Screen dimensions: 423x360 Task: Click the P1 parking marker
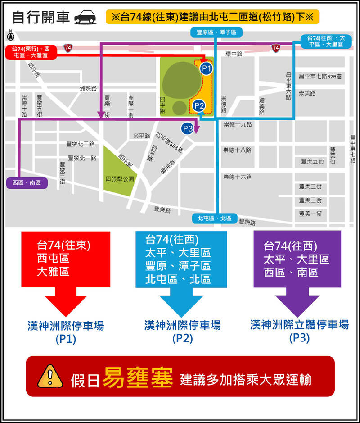pyautogui.click(x=206, y=68)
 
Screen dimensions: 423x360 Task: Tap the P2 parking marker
pyautogui.click(x=199, y=106)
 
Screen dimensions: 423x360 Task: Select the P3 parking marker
pyautogui.click(x=188, y=129)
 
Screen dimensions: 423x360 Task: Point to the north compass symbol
pyautogui.click(x=11, y=35)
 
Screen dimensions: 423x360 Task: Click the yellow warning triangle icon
pyautogui.click(x=53, y=376)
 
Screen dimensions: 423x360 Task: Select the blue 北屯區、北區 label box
pyautogui.click(x=215, y=218)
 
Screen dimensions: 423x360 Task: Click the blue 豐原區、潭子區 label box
pyautogui.click(x=216, y=32)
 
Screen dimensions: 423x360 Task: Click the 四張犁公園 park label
pyautogui.click(x=120, y=179)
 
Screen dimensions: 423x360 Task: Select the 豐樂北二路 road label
pyautogui.click(x=81, y=144)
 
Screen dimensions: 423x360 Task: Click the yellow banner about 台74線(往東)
pyautogui.click(x=212, y=17)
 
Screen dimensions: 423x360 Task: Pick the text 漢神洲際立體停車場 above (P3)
pyautogui.click(x=299, y=325)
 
